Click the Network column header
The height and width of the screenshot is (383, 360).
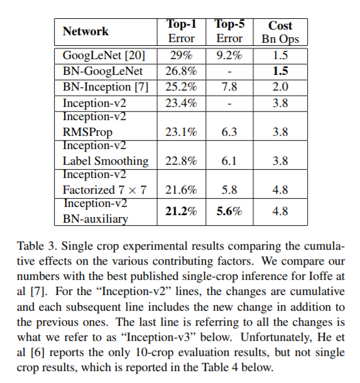pyautogui.click(x=85, y=31)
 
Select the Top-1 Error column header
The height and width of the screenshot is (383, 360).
pyautogui.click(x=182, y=31)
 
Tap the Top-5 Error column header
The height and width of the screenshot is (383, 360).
pyautogui.click(x=229, y=31)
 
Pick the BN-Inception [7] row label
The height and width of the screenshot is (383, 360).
pyautogui.click(x=105, y=87)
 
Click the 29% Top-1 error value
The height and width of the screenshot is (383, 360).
pyautogui.click(x=182, y=55)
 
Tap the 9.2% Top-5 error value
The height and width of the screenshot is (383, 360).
pyautogui.click(x=229, y=55)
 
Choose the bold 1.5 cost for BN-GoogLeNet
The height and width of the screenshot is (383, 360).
pyautogui.click(x=280, y=71)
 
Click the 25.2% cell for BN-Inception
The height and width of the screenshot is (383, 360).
pyautogui.click(x=182, y=87)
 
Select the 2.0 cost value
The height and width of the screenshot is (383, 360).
pyautogui.click(x=280, y=87)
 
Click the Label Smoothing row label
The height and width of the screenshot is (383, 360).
pyautogui.click(x=105, y=161)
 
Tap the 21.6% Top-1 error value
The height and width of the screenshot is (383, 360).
pyautogui.click(x=182, y=190)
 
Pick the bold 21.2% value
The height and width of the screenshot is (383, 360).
pyautogui.click(x=182, y=212)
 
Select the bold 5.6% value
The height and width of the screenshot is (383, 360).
pyautogui.click(x=229, y=212)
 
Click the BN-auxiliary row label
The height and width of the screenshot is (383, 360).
pyautogui.click(x=94, y=219)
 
